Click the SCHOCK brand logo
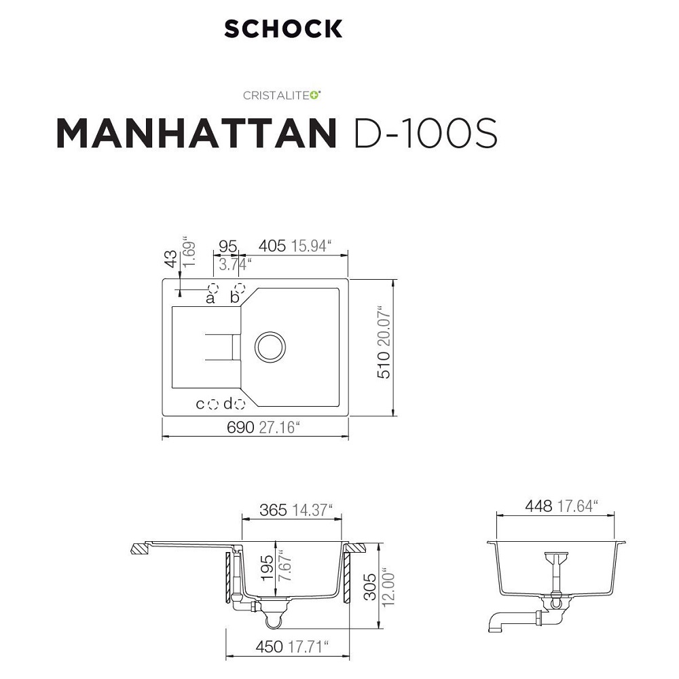tap(283, 29)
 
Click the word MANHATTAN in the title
tap(196, 133)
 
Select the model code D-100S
tap(426, 133)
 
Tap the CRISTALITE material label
tap(282, 95)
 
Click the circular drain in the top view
tap(270, 347)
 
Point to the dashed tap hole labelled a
tap(213, 289)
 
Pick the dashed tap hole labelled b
tap(240, 289)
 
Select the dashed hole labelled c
tap(213, 405)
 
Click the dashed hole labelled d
tap(240, 405)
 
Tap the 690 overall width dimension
tap(240, 427)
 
